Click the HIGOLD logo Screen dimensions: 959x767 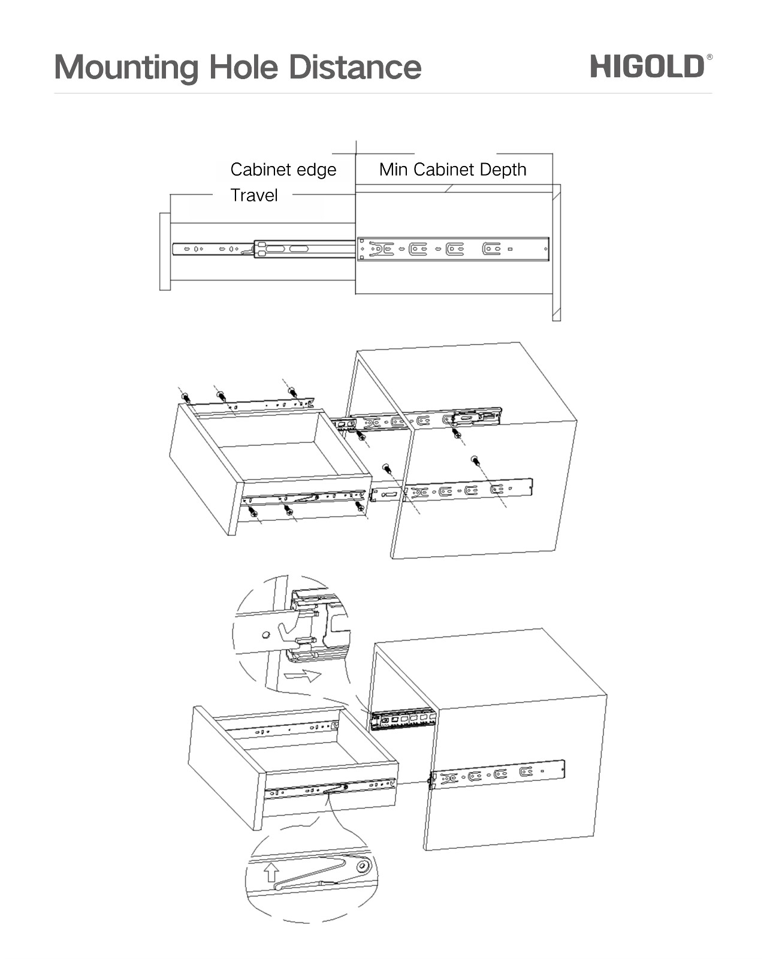(647, 66)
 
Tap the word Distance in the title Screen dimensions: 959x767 (355, 67)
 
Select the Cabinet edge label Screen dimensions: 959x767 (283, 170)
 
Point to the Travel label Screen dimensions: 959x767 (254, 195)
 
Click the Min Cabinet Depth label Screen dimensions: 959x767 (452, 170)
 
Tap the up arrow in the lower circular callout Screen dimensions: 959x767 (271, 871)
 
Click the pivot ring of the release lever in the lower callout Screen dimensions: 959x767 (362, 867)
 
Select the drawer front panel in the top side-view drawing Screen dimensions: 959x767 (165, 252)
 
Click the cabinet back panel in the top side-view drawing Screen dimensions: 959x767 (556, 252)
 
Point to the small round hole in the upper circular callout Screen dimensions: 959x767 (265, 634)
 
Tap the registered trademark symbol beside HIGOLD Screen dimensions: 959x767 (709, 57)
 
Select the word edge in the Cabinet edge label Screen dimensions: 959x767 (317, 170)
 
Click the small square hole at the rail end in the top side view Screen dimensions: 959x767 (510, 249)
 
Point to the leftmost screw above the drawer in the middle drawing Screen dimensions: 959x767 (185, 397)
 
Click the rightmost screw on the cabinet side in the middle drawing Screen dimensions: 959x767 (475, 460)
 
